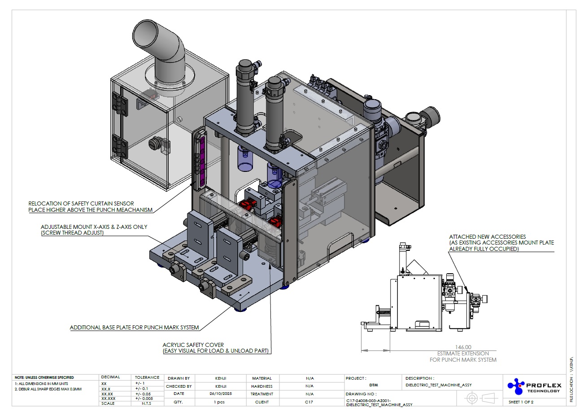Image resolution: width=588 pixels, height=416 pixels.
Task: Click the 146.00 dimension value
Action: coord(463,347)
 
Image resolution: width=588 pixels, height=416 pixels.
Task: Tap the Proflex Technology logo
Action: coord(534,386)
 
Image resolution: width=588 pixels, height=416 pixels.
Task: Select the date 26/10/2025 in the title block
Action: coord(221,394)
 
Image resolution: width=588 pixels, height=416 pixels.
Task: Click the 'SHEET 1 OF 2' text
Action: coord(521,402)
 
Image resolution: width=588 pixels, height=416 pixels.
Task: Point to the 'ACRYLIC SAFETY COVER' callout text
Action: coord(193,345)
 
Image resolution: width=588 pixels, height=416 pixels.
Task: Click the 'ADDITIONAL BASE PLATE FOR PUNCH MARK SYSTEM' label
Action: coord(134,328)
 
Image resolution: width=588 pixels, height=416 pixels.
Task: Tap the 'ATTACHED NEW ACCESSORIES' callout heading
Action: coord(488,236)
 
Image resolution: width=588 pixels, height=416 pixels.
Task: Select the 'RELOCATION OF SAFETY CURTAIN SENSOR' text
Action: coord(81,204)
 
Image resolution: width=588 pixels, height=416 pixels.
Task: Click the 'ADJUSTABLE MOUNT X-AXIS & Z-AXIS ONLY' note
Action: coord(94,227)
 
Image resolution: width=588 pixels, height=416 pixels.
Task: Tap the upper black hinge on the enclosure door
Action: coord(120,104)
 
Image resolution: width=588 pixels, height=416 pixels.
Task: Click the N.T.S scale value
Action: coord(147,403)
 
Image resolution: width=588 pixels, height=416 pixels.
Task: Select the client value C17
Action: coord(309,402)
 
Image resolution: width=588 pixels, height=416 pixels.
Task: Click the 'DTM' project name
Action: coord(374,385)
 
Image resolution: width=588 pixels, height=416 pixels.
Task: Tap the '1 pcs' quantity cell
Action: coord(219,402)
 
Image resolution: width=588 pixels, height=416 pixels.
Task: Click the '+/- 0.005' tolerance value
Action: coord(144,398)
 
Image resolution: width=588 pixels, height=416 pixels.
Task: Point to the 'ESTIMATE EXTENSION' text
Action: coord(463,354)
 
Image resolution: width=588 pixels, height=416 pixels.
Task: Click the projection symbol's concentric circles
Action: coord(472,398)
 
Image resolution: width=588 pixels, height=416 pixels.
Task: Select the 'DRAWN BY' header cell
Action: coord(179,378)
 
